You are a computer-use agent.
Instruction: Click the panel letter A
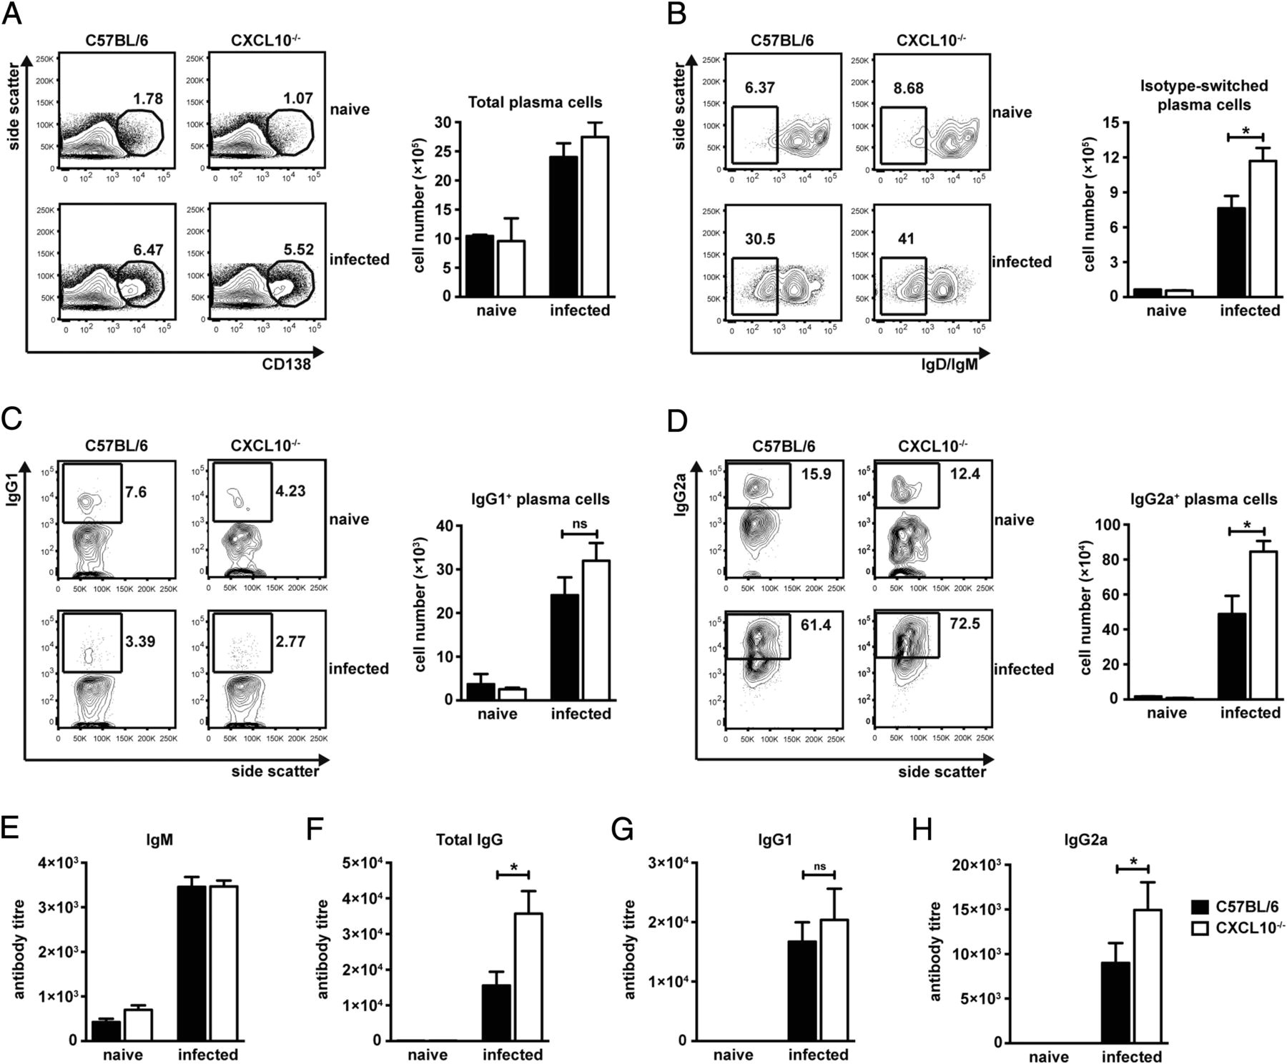click(12, 14)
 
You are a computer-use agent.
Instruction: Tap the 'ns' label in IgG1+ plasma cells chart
click(579, 523)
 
